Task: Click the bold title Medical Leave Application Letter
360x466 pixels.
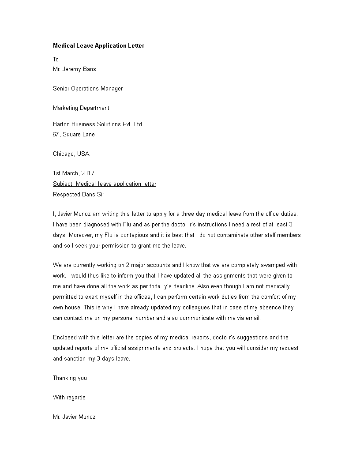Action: [x=98, y=45]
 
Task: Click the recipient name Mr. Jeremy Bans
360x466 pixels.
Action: [x=74, y=69]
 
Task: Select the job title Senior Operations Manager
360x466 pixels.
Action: [x=88, y=88]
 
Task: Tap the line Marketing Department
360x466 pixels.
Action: [x=81, y=108]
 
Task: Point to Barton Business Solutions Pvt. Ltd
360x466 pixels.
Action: [x=97, y=124]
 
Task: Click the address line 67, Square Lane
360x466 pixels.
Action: [x=74, y=134]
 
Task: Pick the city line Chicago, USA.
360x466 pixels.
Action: [x=71, y=154]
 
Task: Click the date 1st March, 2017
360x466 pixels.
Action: [x=74, y=173]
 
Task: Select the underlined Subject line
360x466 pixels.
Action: [x=105, y=184]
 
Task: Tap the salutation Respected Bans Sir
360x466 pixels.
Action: [x=79, y=194]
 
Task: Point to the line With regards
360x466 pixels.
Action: [x=69, y=397]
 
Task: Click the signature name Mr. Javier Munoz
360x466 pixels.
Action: [x=74, y=417]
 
